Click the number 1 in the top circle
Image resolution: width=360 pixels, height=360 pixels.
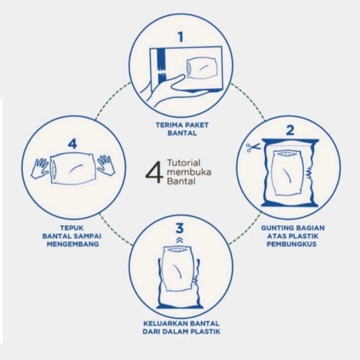point(181,36)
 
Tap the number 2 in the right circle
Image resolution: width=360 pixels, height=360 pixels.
point(290,130)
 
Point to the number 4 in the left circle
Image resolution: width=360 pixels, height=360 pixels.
point(73,144)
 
